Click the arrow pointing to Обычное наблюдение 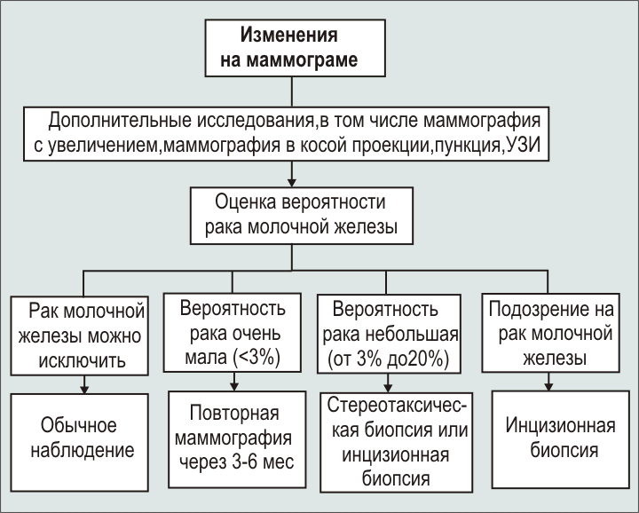[x=85, y=385]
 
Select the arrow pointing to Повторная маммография [x=234, y=385]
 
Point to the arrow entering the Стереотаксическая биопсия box [x=387, y=385]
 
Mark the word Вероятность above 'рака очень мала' [x=233, y=311]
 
